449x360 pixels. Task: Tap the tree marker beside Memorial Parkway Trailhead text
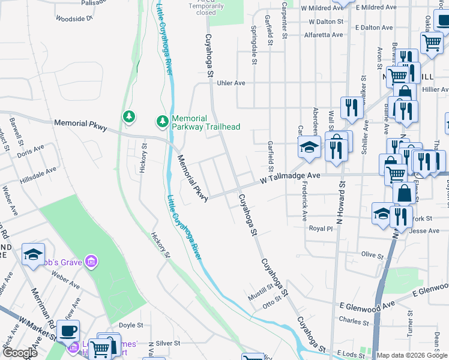tap(162, 122)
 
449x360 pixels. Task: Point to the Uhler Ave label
tap(232, 83)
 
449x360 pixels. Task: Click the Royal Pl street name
tap(321, 229)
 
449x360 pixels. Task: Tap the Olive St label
tap(372, 255)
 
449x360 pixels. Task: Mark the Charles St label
tap(349, 320)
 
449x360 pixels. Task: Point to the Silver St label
tap(167, 343)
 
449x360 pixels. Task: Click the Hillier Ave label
tap(435, 89)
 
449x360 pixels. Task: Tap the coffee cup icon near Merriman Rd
tap(68, 329)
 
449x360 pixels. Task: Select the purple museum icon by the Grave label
tap(91, 261)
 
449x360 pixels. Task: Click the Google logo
tap(20, 353)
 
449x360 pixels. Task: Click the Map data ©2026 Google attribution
tap(412, 355)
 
